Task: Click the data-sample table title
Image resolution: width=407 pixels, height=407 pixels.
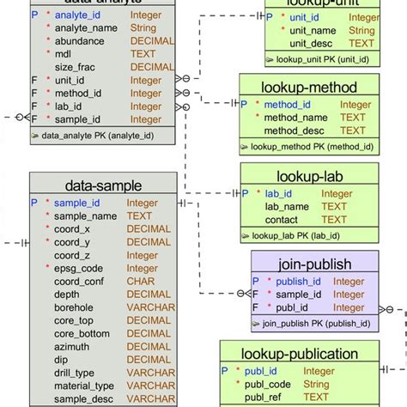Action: [x=103, y=185]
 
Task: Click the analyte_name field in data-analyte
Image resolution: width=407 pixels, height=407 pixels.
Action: [x=85, y=28]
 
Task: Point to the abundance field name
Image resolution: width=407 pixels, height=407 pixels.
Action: [x=80, y=41]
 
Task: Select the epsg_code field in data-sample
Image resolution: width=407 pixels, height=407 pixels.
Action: [x=80, y=269]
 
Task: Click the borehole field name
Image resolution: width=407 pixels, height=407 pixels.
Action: [x=76, y=307]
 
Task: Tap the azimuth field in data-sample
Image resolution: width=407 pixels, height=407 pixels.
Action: [x=74, y=347]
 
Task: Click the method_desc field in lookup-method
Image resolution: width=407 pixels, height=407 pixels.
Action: [x=296, y=131]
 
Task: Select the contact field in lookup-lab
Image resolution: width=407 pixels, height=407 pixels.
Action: [x=283, y=220]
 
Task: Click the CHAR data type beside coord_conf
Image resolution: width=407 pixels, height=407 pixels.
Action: [x=142, y=282]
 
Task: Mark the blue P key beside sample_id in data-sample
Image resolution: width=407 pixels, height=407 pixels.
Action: [x=34, y=203]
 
